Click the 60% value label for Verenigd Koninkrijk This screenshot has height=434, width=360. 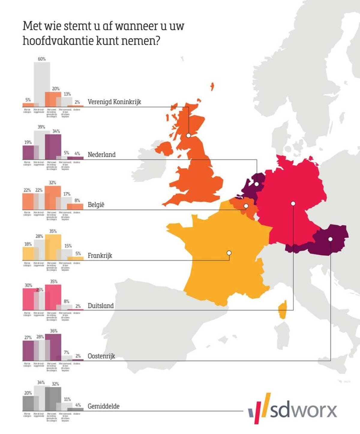[42, 59]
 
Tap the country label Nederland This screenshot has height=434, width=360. [101, 155]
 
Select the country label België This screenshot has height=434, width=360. [96, 205]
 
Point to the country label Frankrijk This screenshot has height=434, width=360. [100, 256]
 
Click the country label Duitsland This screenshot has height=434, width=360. [100, 306]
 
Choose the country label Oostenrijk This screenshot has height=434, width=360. [101, 356]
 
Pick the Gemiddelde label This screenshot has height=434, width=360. [103, 406]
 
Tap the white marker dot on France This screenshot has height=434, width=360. [229, 253]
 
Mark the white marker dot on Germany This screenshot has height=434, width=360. [293, 204]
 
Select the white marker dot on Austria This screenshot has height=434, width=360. [330, 239]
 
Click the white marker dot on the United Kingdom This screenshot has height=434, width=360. [188, 135]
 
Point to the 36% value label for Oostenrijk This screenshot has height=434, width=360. [54, 331]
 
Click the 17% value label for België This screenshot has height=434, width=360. [67, 194]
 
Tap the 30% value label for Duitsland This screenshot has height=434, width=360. [28, 285]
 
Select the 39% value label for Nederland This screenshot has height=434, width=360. [41, 127]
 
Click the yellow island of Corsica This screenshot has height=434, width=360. [283, 310]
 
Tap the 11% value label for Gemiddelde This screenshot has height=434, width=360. [67, 400]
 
